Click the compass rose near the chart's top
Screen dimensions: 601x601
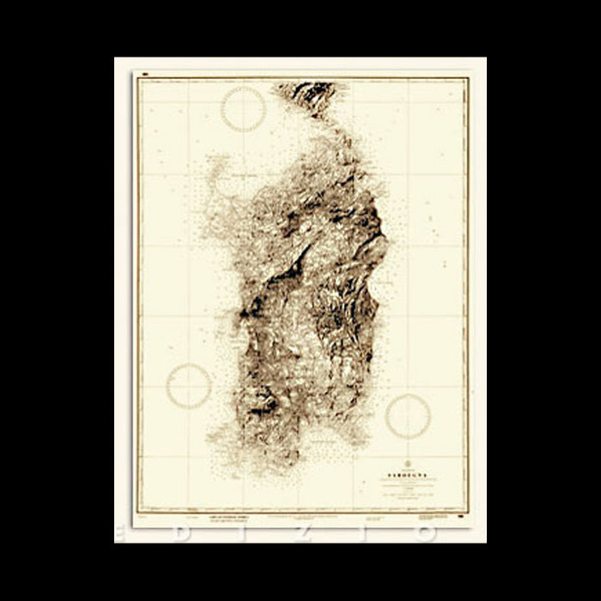click(x=243, y=109)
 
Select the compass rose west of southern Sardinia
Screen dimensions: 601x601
click(x=189, y=385)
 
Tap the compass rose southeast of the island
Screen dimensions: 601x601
click(x=408, y=416)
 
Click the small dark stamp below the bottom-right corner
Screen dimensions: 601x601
click(x=463, y=518)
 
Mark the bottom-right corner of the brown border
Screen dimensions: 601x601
click(x=468, y=513)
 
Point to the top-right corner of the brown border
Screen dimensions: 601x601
click(x=468, y=78)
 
